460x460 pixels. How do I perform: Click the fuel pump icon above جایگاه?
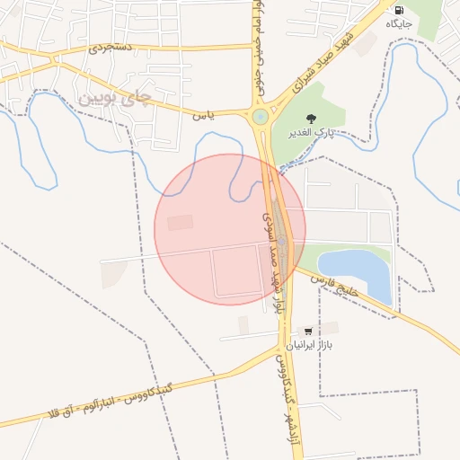(x=398, y=11)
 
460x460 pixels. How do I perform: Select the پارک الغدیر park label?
(x=311, y=133)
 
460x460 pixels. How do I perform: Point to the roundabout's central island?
(x=261, y=116)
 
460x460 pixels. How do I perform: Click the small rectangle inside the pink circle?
(x=180, y=222)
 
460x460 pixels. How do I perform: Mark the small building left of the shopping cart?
(x=243, y=324)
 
